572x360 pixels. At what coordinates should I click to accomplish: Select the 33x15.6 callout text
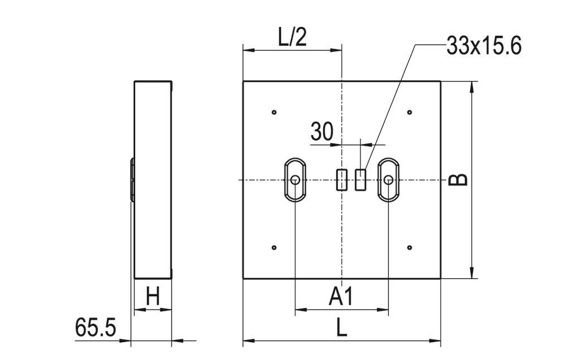pos(484,46)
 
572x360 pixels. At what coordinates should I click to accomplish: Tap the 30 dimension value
pos(322,132)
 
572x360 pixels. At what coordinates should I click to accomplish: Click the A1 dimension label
pos(341,297)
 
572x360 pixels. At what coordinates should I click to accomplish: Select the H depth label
pos(152,296)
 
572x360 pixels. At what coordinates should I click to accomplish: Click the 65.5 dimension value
pos(96,328)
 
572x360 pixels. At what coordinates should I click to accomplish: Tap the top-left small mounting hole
pos(274,112)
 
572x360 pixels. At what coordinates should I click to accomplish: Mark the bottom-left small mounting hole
pos(274,247)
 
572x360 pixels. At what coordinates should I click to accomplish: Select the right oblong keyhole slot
pos(388,180)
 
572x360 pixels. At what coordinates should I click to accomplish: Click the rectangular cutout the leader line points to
pos(360,180)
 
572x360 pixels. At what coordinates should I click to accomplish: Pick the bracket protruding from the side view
pos(132,180)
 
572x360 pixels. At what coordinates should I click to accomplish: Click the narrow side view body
pos(152,180)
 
